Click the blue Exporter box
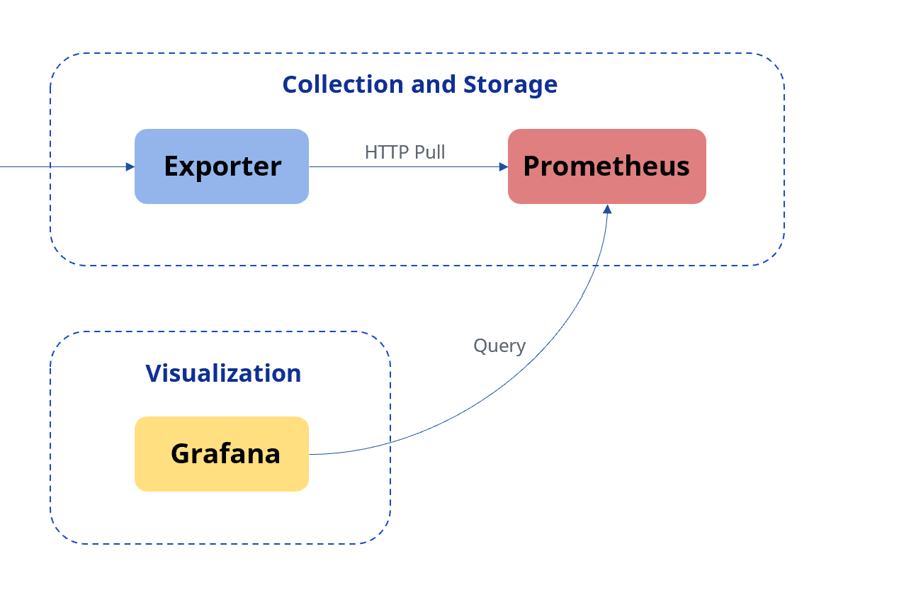pyautogui.click(x=222, y=166)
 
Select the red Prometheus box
pyautogui.click(x=607, y=166)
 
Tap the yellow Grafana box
pyautogui.click(x=222, y=454)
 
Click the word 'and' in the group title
pyautogui.click(x=434, y=84)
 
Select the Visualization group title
pyautogui.click(x=223, y=373)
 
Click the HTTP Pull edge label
pyautogui.click(x=405, y=152)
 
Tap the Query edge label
pyautogui.click(x=499, y=346)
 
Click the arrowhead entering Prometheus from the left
pyautogui.click(x=504, y=167)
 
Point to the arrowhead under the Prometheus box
pyautogui.click(x=608, y=209)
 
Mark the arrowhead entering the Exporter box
pyautogui.click(x=130, y=167)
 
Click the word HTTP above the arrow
pyautogui.click(x=386, y=152)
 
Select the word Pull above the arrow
pyautogui.click(x=429, y=152)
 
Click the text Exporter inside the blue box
pyautogui.click(x=223, y=167)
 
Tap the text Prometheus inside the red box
pyautogui.click(x=606, y=166)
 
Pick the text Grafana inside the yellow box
pyautogui.click(x=225, y=453)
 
